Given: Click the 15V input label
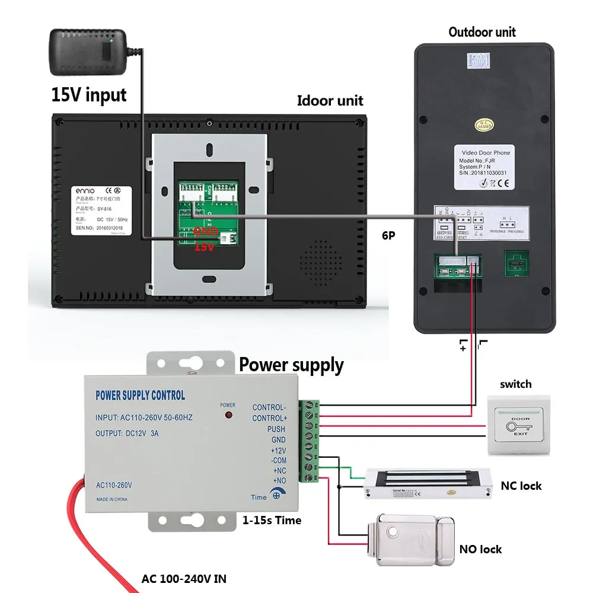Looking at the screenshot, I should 89,94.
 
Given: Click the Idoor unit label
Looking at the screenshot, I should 330,100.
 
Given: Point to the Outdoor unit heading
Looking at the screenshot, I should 482,31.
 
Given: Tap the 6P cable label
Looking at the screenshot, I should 388,235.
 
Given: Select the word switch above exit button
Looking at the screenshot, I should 515,384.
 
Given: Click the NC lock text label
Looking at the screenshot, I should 521,486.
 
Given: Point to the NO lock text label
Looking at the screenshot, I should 480,549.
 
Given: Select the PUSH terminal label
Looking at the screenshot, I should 276,429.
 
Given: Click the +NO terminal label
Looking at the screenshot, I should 279,480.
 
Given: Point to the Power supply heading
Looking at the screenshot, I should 291,365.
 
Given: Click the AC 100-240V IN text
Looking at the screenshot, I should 183,579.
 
